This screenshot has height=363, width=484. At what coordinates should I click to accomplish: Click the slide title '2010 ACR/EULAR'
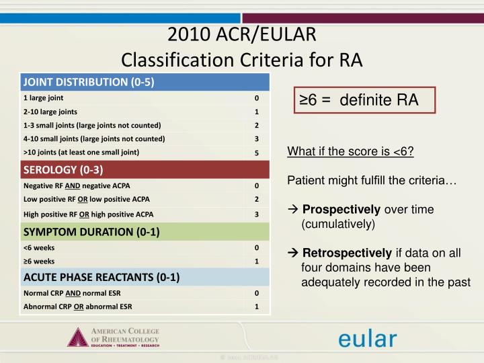click(241, 35)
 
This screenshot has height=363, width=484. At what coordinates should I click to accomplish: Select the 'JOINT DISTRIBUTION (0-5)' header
click(89, 83)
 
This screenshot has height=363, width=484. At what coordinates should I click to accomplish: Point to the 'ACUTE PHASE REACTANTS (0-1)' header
click(102, 277)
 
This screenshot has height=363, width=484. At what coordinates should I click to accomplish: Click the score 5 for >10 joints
click(256, 153)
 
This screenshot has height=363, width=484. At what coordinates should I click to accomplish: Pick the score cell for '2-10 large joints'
click(256, 112)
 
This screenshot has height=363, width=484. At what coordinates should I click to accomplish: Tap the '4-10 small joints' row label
click(94, 138)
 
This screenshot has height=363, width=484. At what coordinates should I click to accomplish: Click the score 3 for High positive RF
click(256, 214)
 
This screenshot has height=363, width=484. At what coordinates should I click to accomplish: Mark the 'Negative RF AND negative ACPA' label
click(77, 186)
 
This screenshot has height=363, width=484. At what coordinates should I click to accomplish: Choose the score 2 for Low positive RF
click(256, 199)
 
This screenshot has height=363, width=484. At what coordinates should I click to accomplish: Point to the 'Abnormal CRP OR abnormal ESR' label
click(77, 307)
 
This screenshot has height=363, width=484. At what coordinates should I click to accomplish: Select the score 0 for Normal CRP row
click(256, 293)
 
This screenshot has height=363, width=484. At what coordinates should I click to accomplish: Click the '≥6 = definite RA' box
click(362, 101)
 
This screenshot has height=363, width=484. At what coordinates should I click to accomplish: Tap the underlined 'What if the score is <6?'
click(350, 151)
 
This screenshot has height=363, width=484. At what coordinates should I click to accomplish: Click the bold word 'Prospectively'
click(341, 210)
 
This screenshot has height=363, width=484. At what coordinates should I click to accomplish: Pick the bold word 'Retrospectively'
click(346, 253)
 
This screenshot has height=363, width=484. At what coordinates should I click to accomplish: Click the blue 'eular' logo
click(367, 337)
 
